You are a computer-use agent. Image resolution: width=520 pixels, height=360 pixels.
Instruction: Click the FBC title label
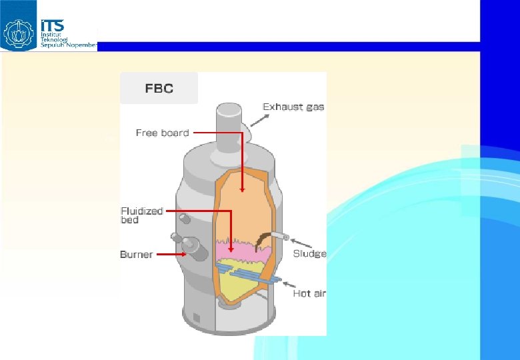click(x=159, y=88)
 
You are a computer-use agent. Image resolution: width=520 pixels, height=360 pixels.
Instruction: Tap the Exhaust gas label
click(x=293, y=107)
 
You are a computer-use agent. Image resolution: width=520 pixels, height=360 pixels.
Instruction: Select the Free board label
click(x=162, y=133)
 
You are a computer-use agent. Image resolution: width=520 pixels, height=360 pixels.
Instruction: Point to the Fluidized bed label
click(x=141, y=215)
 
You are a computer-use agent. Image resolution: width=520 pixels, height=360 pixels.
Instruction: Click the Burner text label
click(x=136, y=254)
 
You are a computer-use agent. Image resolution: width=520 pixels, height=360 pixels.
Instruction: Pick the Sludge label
click(x=309, y=253)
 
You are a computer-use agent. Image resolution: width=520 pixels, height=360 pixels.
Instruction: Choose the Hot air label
click(x=309, y=293)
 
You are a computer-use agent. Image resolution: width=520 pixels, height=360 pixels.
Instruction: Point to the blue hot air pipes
click(x=247, y=273)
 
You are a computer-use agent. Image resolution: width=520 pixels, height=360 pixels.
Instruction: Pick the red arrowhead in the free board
click(x=242, y=189)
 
